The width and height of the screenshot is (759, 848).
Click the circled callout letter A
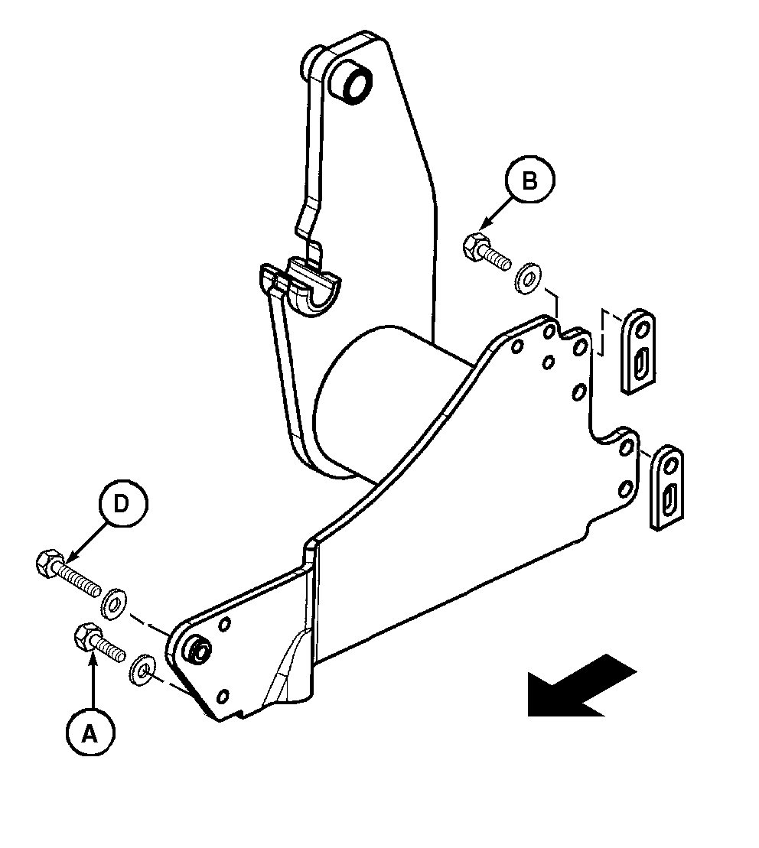tap(90, 734)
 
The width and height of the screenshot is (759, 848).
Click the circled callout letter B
tap(529, 180)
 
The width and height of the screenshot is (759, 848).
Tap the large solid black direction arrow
tap(581, 686)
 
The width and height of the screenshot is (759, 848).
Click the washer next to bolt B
tap(528, 278)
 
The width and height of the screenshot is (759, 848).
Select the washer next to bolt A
tap(142, 671)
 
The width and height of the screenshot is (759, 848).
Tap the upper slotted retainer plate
tap(638, 352)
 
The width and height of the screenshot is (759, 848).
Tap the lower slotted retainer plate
tap(666, 487)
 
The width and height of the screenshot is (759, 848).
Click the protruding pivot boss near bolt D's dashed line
tap(198, 648)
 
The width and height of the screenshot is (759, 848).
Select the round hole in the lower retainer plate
tap(671, 465)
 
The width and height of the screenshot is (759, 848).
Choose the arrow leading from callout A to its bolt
tap(93, 681)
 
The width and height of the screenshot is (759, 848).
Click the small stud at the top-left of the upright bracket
tap(311, 61)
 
